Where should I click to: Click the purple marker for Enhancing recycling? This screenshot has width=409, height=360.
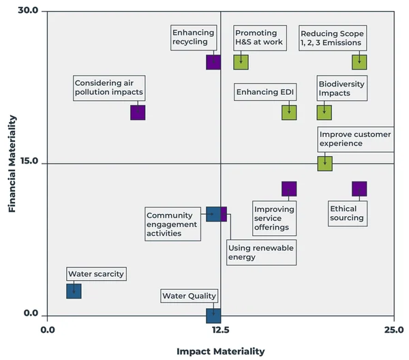[x=213, y=62]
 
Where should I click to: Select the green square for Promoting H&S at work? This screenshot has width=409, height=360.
[x=241, y=62]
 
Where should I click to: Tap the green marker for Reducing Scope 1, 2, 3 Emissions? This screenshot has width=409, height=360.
[x=359, y=62]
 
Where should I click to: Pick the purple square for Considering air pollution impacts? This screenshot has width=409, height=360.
[x=138, y=112]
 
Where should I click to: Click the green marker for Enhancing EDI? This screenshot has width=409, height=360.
[x=289, y=112]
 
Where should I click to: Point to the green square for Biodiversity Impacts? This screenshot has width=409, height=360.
[x=324, y=112]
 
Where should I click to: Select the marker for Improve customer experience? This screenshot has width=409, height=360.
[x=325, y=163]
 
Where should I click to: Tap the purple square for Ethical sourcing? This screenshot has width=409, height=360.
[x=359, y=189]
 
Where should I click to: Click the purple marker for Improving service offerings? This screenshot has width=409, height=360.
[x=289, y=189]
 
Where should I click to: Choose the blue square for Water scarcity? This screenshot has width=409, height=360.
[x=74, y=291]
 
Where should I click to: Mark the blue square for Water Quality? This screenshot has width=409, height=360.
[x=213, y=315]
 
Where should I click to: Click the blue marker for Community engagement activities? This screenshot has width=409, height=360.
[x=213, y=214]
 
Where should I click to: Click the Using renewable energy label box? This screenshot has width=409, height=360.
[x=261, y=253]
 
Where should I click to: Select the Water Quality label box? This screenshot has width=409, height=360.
[x=190, y=296]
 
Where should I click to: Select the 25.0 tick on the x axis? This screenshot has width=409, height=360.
[x=393, y=329]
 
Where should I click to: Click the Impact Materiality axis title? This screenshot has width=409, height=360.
[x=220, y=351]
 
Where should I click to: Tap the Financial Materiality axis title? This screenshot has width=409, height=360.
[x=12, y=164]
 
